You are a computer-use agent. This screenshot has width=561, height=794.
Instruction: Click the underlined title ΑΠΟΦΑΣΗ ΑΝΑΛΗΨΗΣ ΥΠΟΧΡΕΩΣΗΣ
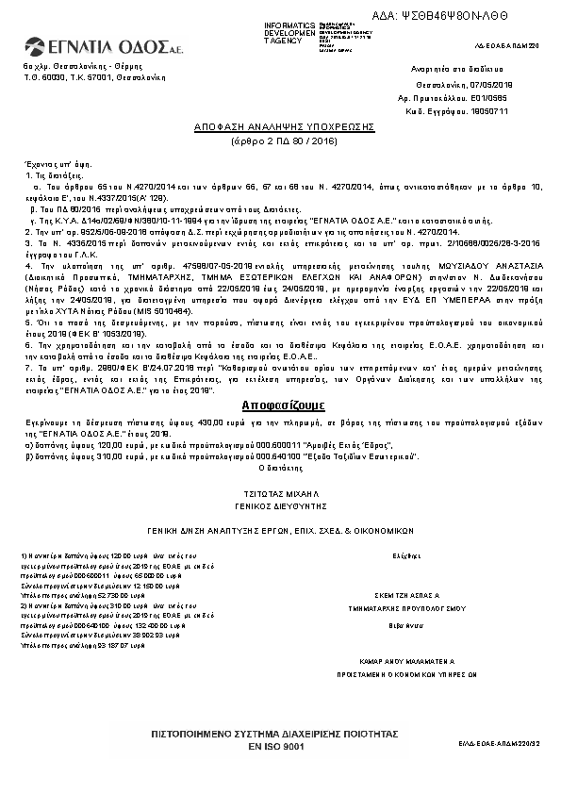coord(285,124)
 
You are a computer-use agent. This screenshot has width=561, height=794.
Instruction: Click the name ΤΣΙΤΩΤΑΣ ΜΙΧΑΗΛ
coord(285,492)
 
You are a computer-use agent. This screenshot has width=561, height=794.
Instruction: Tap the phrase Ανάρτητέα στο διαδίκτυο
coord(449,70)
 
